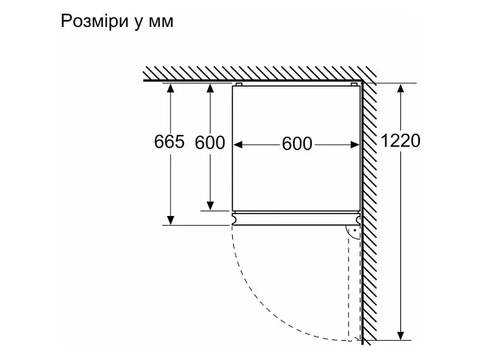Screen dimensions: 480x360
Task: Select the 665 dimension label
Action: pyautogui.click(x=169, y=142)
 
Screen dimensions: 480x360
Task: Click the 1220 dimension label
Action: pyautogui.click(x=400, y=141)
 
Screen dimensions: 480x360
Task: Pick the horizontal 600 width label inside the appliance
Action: pyautogui.click(x=297, y=143)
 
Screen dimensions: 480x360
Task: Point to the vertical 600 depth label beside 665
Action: pyautogui.click(x=210, y=142)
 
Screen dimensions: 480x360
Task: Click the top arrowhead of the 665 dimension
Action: pyautogui.click(x=170, y=88)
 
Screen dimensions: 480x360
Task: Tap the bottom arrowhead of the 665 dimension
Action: pyautogui.click(x=170, y=220)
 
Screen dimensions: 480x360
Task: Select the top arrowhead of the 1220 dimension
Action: pyautogui.click(x=400, y=88)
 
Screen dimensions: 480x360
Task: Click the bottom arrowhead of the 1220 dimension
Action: pyautogui.click(x=400, y=335)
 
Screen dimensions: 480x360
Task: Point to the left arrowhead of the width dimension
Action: pyautogui.click(x=238, y=145)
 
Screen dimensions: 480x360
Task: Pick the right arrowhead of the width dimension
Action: pyautogui.click(x=355, y=145)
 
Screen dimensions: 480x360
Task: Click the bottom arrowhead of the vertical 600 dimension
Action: pyautogui.click(x=210, y=206)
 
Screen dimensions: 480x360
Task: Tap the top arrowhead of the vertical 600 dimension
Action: pyautogui.click(x=210, y=88)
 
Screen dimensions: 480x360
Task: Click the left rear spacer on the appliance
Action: pyautogui.click(x=239, y=84)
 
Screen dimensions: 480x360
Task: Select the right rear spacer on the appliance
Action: pyautogui.click(x=354, y=84)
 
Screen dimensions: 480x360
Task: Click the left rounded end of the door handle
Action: pyautogui.click(x=235, y=218)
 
